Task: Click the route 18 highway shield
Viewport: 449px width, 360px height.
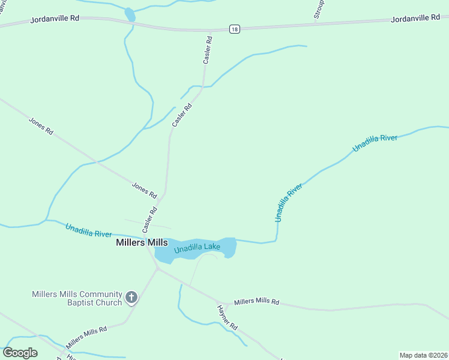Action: tap(234, 29)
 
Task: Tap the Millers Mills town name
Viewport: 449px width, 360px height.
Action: tap(142, 243)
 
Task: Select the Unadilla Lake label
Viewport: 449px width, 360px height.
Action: tap(197, 247)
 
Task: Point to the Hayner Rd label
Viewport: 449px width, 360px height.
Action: tap(228, 318)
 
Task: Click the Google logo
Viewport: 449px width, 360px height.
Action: tap(20, 353)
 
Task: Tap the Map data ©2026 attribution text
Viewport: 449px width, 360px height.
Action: tap(424, 355)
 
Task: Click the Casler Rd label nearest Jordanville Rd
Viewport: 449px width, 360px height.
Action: tap(208, 50)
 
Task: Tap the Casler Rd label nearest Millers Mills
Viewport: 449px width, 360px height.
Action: tap(149, 220)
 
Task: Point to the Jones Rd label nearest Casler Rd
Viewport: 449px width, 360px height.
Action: tap(144, 191)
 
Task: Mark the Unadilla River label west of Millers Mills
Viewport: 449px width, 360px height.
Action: tap(89, 230)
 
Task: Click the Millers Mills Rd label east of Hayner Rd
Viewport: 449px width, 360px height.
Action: tap(257, 301)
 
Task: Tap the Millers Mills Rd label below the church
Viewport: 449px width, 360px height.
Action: tap(86, 337)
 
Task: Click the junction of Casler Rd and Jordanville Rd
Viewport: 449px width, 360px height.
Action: tap(210, 29)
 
